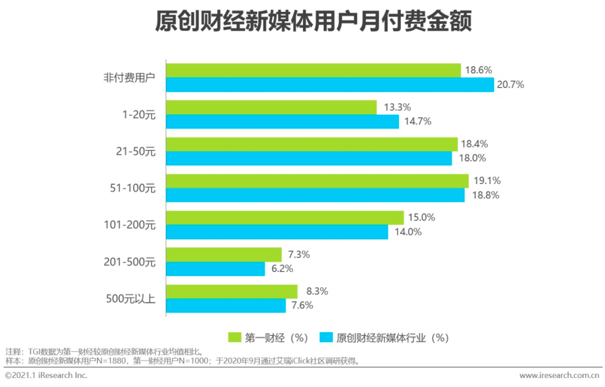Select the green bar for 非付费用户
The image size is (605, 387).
[313, 70]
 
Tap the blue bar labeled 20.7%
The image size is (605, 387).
[330, 85]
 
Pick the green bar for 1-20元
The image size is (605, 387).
[271, 107]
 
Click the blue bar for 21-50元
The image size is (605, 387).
[309, 159]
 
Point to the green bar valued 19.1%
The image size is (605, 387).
[317, 181]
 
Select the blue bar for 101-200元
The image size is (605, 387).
[277, 232]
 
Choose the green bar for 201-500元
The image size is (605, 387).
[224, 255]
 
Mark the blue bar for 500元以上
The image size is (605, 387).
[226, 306]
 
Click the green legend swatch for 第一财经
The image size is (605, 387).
[234, 338]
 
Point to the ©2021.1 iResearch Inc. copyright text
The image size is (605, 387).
[46, 375]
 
